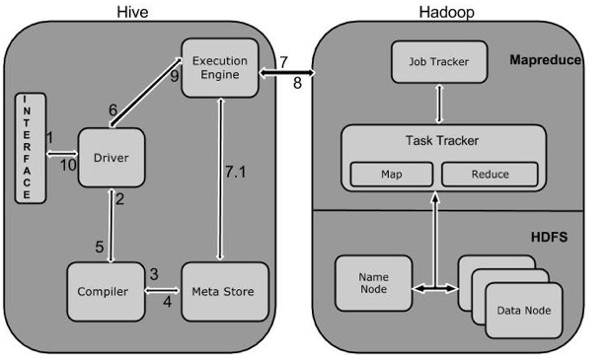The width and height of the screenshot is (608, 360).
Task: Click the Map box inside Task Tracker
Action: point(392,175)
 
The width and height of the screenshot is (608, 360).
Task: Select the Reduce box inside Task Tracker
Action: point(490,175)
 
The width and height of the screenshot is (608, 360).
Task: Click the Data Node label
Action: point(524,311)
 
